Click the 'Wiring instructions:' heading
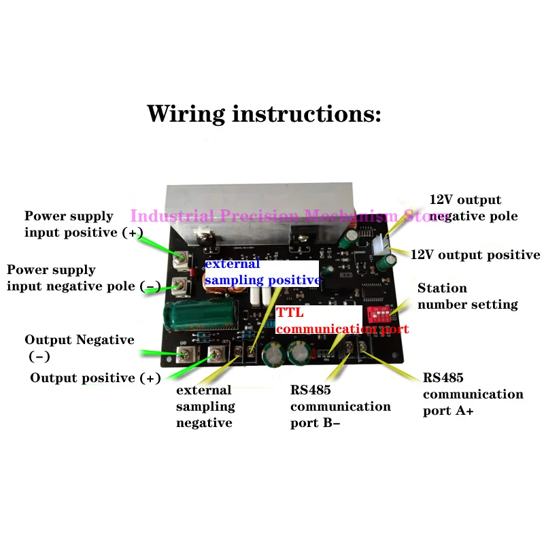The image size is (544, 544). [264, 113]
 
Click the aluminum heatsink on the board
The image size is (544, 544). [265, 204]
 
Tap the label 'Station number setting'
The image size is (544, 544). [467, 296]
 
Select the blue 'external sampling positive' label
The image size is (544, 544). [262, 272]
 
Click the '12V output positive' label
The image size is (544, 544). [475, 255]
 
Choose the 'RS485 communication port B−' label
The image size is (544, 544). [340, 406]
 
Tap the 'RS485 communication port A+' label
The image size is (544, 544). [473, 394]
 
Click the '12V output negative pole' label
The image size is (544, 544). [473, 208]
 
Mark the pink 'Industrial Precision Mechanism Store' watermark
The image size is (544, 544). [289, 216]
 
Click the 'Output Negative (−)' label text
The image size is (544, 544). [79, 347]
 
